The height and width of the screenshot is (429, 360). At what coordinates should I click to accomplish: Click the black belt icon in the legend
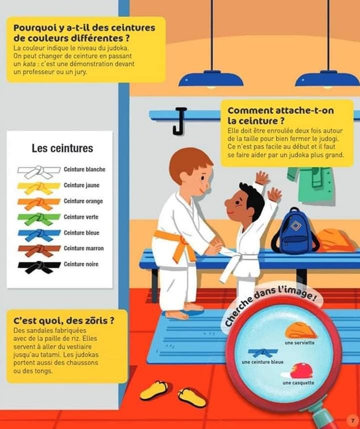pos(39,266)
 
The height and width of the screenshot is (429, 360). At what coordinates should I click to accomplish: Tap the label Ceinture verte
pos(81,217)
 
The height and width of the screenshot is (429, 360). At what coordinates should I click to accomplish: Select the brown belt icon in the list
pos(39,250)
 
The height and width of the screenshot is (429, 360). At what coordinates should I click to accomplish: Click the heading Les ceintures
pos(63,148)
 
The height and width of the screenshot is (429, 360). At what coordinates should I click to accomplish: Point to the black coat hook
pos(179,121)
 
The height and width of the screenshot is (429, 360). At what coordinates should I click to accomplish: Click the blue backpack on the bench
pos(294,231)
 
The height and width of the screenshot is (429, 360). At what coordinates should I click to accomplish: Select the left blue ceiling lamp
pos(211,79)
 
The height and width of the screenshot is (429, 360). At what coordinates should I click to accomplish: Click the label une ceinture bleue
pos(262,362)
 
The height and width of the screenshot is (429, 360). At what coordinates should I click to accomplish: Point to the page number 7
pos(352,421)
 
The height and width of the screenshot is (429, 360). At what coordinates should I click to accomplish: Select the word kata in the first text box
pos(29,64)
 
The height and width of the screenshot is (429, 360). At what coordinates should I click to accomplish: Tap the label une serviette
pos(300,342)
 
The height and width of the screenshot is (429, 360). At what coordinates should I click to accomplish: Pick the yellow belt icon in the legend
pos(39,188)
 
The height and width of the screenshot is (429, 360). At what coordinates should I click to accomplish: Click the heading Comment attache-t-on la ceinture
pos(281,116)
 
